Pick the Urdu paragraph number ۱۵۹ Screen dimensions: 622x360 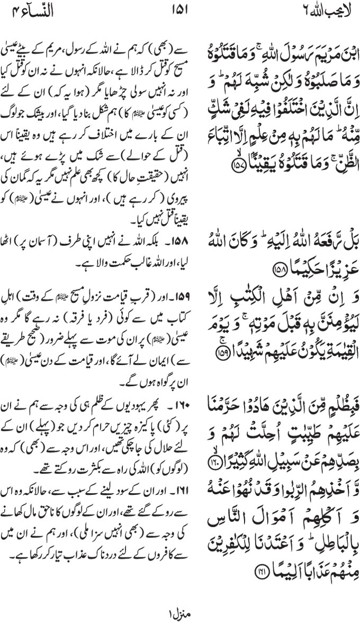(163, 278)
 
